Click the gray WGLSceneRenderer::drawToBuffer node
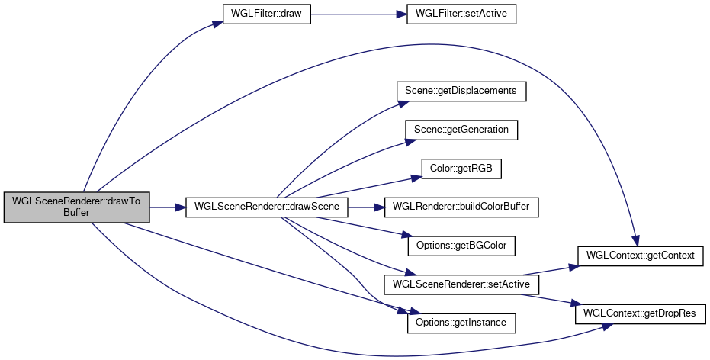[76, 207]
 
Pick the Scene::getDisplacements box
[461, 91]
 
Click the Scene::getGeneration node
[461, 130]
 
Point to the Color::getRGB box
[461, 168]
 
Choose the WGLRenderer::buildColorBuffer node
[461, 207]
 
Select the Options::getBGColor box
[461, 246]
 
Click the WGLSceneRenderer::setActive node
[461, 284]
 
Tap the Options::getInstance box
[461, 323]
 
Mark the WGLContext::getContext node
[641, 256]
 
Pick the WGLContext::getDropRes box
[641, 313]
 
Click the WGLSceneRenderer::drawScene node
[266, 207]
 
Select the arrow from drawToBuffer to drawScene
[167, 207]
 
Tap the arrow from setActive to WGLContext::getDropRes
[557, 298]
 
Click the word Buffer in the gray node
[76, 214]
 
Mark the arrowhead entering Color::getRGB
[416, 177]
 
